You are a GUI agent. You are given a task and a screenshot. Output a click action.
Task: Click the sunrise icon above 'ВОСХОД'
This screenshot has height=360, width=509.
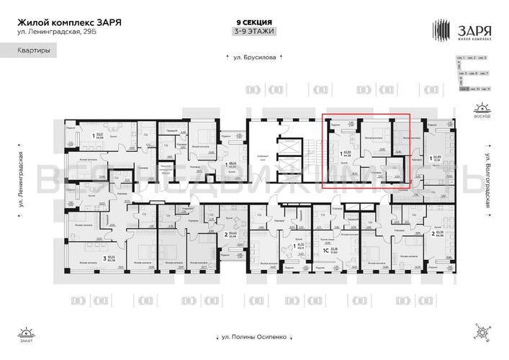click(x=482, y=109)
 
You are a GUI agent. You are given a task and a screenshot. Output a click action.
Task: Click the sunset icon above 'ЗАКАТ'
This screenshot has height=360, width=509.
click(x=27, y=332)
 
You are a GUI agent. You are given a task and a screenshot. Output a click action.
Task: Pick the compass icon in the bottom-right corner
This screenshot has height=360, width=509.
click(x=482, y=333)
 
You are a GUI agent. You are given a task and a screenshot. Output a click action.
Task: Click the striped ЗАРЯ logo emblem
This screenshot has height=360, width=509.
click(x=443, y=30)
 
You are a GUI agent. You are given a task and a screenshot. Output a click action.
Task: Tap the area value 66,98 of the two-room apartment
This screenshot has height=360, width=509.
click(x=438, y=236)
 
